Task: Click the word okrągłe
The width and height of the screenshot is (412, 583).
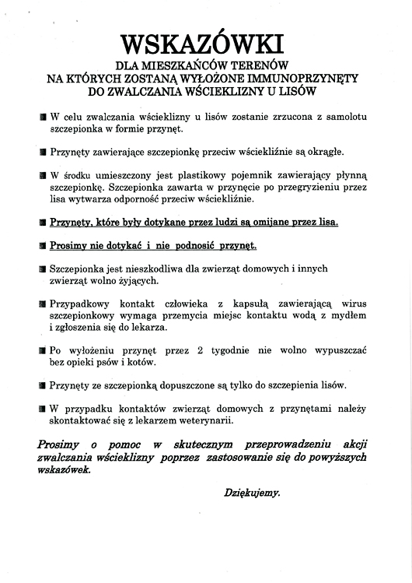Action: coord(320,151)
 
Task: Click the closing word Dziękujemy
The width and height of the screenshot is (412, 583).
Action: coord(251,493)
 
